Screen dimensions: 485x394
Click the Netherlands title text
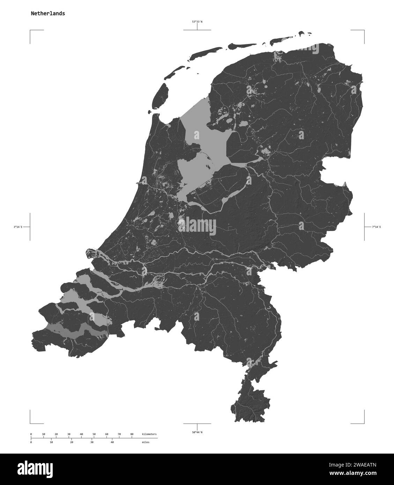(47, 14)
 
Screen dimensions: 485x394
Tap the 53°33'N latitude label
(197, 22)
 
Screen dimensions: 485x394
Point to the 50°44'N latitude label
(197, 432)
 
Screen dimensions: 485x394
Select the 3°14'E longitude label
(18, 227)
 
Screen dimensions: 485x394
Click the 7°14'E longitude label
(376, 227)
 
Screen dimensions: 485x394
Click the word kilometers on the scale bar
(149, 434)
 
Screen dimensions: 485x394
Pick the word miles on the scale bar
(146, 442)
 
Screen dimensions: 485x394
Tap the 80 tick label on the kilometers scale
(132, 434)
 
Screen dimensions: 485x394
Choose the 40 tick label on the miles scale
(112, 442)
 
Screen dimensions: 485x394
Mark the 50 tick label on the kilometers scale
(94, 434)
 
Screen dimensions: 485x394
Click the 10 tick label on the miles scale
(51, 442)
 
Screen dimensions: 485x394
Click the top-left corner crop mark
(31, 31)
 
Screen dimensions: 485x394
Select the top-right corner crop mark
(364, 31)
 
